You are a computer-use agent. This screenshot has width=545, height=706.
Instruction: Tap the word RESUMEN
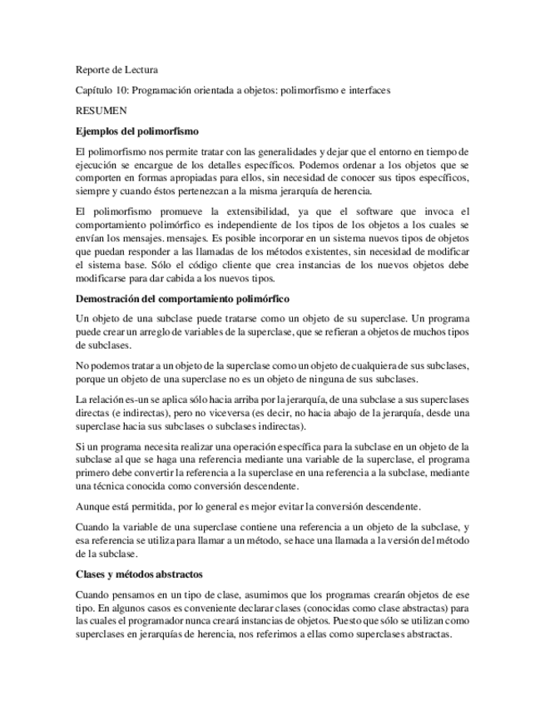(101, 110)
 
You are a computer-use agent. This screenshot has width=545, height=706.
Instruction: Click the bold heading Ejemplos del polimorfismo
(136, 131)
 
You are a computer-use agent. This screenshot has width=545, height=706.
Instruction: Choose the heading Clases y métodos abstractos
(139, 574)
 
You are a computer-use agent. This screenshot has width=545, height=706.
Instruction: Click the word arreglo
(158, 332)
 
